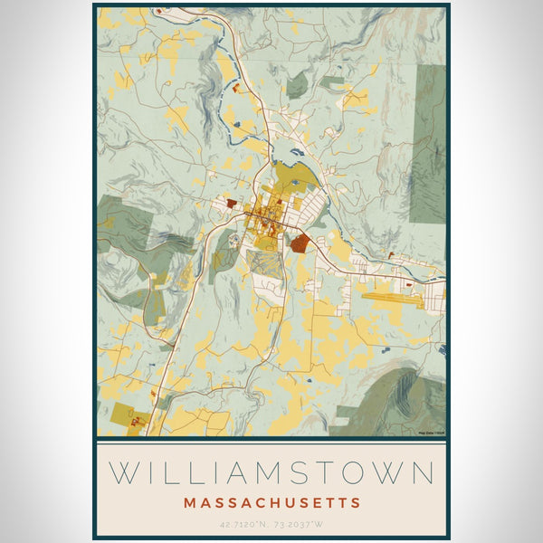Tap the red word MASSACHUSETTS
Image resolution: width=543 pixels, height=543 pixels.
click(271, 502)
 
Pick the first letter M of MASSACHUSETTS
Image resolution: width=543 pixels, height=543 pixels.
click(187, 502)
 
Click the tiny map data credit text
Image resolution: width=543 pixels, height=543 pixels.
click(431, 433)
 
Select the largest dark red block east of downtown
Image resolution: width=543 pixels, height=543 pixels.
click(300, 242)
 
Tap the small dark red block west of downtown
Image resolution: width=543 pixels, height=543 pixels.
click(231, 205)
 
